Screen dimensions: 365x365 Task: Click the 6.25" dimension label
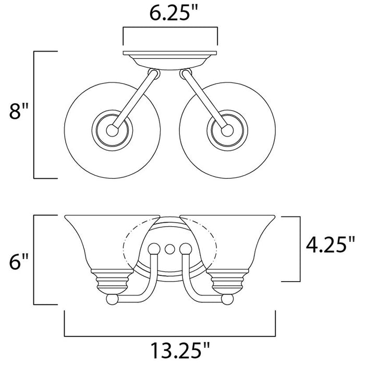pyautogui.click(x=173, y=13)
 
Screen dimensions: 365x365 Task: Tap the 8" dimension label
pyautogui.click(x=19, y=111)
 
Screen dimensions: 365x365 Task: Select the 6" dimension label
pyautogui.click(x=19, y=262)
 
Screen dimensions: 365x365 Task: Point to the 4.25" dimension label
pyautogui.click(x=330, y=245)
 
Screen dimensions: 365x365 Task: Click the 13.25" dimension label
pyautogui.click(x=180, y=350)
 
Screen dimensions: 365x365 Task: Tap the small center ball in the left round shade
pyautogui.click(x=113, y=130)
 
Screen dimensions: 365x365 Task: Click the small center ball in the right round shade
pyautogui.click(x=227, y=130)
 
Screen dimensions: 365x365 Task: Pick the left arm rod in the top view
pyautogui.click(x=135, y=100)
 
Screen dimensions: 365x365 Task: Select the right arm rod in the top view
pyautogui.click(x=204, y=100)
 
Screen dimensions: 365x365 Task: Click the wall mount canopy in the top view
pyautogui.click(x=170, y=60)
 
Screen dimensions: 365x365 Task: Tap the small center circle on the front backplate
pyautogui.click(x=169, y=249)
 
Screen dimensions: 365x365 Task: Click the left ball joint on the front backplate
pyautogui.click(x=154, y=249)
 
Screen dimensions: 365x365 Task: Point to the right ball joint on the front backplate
pyautogui.click(x=186, y=249)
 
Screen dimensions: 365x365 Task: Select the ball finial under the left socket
pyautogui.click(x=112, y=299)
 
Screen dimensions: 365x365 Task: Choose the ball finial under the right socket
pyautogui.click(x=227, y=299)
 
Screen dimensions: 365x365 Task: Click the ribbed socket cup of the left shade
pyautogui.click(x=112, y=282)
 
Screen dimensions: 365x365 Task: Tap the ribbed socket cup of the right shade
pyautogui.click(x=227, y=282)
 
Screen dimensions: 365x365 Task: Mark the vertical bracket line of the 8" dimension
pyautogui.click(x=34, y=115)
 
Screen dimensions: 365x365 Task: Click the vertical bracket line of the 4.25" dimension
pyautogui.click(x=300, y=249)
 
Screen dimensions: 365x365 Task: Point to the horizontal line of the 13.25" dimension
pyautogui.click(x=170, y=336)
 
